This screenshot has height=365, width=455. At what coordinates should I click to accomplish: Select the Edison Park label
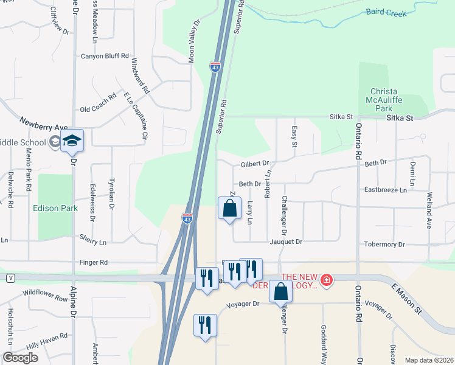click(x=55, y=208)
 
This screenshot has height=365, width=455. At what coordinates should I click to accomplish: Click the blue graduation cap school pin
click(x=72, y=141)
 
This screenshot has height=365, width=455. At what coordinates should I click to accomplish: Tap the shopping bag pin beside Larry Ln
click(x=229, y=209)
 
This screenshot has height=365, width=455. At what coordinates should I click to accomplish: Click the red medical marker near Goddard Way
click(x=327, y=280)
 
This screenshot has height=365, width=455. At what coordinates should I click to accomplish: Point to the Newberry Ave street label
click(x=43, y=123)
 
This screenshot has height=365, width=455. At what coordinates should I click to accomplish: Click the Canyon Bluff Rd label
click(x=105, y=56)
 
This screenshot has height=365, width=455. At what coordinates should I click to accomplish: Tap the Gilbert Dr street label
click(x=254, y=164)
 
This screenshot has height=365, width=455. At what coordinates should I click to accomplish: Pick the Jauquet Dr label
click(x=286, y=242)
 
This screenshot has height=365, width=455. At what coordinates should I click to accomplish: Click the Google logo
click(x=20, y=357)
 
